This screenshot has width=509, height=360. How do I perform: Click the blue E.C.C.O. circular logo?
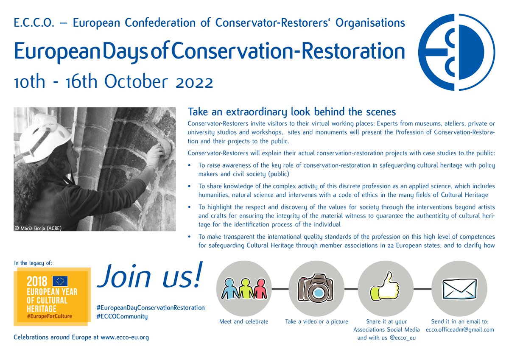click(456, 52)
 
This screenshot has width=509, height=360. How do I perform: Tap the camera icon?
click(316, 289)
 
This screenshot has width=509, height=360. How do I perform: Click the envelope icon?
click(459, 289)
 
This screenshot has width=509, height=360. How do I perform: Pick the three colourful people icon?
click(244, 289)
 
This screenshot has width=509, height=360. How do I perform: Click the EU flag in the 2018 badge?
click(61, 280)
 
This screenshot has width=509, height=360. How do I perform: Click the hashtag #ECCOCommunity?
click(122, 316)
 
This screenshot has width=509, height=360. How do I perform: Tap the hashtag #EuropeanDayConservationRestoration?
click(151, 307)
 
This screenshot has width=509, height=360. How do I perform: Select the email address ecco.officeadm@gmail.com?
click(460, 329)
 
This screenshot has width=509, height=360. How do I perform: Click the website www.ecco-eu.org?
click(125, 338)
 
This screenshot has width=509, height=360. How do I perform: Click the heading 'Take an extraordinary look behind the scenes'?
click(291, 112)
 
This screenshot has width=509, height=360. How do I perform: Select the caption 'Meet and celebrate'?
click(244, 321)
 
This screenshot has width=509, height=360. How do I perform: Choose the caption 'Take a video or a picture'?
click(316, 321)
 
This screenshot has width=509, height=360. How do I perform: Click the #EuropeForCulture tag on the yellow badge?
click(49, 316)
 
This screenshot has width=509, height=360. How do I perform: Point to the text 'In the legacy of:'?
click(34, 263)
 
